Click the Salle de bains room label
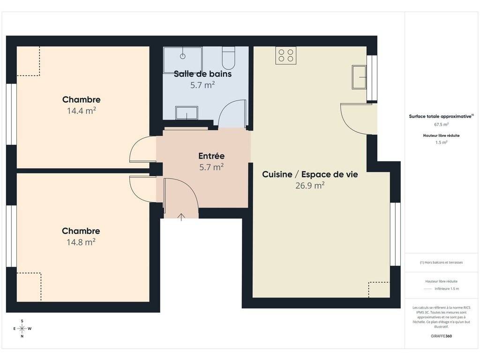pyautogui.click(x=202, y=74)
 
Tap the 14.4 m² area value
pyautogui.click(x=82, y=111)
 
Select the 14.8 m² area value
pyautogui.click(x=81, y=242)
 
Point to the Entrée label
pyautogui.click(x=211, y=156)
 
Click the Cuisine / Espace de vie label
pyautogui.click(x=310, y=174)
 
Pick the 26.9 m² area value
pyautogui.click(x=310, y=186)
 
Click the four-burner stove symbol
pyautogui.click(x=286, y=55)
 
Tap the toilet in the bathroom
pyautogui.click(x=228, y=58)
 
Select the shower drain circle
pyautogui.click(x=183, y=56)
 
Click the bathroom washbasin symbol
pyautogui.click(x=187, y=112)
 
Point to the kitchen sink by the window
pyautogui.click(x=359, y=77)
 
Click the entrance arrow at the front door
pyautogui.click(x=181, y=217)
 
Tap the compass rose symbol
pyautogui.click(x=22, y=329)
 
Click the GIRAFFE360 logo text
pyautogui.click(x=441, y=336)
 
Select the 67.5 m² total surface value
pyautogui.click(x=441, y=124)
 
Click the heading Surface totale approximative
pyautogui.click(x=440, y=116)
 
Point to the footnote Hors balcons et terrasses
pyautogui.click(x=441, y=262)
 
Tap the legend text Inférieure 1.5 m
pyautogui.click(x=447, y=289)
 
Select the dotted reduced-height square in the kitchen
pyautogui.click(x=379, y=290)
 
